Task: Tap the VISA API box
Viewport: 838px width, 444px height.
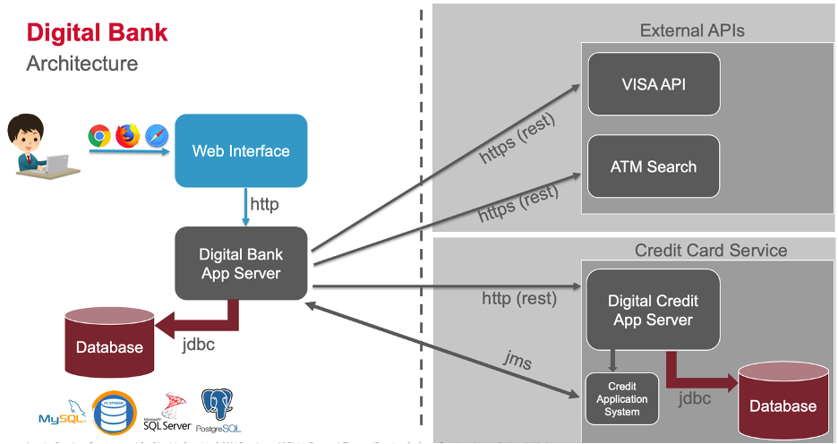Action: (654, 84)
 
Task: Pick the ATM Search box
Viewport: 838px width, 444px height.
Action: (654, 166)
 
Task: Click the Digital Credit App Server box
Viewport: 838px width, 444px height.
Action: (653, 310)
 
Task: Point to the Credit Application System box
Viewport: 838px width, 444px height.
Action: (621, 398)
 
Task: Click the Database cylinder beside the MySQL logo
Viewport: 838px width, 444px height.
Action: (109, 341)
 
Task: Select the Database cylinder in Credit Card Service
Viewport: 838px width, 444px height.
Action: (782, 400)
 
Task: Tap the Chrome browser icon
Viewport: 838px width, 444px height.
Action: (99, 136)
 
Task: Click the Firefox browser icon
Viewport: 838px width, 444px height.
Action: (128, 136)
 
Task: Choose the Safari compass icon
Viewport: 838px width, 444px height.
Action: (157, 136)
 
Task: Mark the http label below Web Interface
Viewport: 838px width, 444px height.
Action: (264, 204)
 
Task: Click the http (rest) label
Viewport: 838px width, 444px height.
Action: (518, 298)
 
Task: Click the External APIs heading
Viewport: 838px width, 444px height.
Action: (692, 31)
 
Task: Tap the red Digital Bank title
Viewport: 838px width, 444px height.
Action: (97, 34)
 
